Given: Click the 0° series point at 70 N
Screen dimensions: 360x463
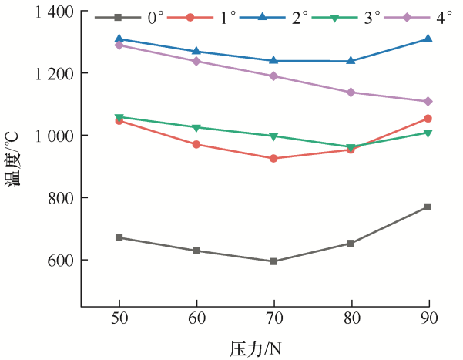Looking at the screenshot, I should [x=273, y=261].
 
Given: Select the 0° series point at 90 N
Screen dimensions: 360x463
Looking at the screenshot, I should [x=428, y=207].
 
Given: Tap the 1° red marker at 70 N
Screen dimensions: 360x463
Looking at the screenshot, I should [x=273, y=159].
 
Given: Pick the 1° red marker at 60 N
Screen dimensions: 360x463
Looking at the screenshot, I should [x=196, y=144].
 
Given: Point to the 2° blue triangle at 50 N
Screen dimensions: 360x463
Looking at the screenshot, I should [x=119, y=39].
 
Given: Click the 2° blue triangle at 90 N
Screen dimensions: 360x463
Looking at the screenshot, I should [x=428, y=39].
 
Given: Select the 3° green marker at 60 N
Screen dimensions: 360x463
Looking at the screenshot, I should [x=196, y=128].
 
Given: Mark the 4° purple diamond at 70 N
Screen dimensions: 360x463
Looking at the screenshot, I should [x=273, y=76].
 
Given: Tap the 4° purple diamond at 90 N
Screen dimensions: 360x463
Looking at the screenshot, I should [x=428, y=101].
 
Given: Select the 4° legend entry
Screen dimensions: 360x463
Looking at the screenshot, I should [x=431, y=16].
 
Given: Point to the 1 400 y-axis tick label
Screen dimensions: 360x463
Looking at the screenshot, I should [x=53, y=12].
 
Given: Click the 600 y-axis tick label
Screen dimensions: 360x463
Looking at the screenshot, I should [x=60, y=260].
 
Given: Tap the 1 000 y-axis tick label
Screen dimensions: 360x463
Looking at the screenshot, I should [x=53, y=136].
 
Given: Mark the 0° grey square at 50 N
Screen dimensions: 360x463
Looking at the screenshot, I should [x=119, y=237].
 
